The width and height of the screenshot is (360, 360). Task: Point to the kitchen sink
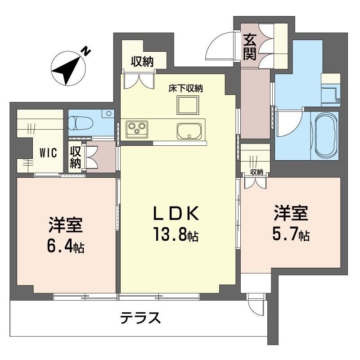pos(189,130)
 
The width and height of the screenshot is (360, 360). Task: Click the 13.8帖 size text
pos(176,235)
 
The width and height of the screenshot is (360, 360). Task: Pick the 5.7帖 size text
pos(290,235)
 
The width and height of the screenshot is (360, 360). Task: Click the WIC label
pos(47,153)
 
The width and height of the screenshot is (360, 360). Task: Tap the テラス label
pos(140,319)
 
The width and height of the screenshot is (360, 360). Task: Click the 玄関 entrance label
pos(250,47)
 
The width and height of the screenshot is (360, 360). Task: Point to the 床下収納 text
pos(186,89)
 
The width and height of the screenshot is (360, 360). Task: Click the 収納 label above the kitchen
pos(142,62)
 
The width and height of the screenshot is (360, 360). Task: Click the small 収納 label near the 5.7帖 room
pos(256,172)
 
